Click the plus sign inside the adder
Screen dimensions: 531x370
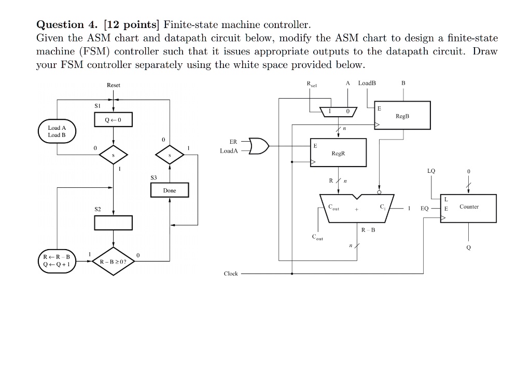356,210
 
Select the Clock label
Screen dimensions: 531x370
231,273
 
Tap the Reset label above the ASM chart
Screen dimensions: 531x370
114,85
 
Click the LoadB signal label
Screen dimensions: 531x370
367,83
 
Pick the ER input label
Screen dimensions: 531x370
233,142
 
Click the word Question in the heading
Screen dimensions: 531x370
60,25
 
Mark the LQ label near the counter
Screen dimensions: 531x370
431,171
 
